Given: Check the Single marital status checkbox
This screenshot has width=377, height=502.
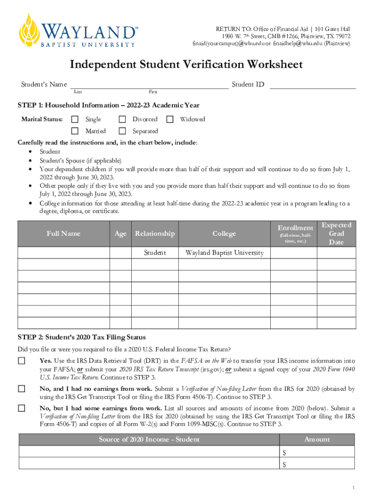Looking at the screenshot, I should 75,119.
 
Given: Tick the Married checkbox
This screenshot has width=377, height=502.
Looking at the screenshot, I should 75,131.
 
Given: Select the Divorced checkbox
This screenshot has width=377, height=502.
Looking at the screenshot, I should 122,119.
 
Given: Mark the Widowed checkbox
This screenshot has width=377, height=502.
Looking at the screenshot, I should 170,119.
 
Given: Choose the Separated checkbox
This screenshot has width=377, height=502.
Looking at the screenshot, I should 122,131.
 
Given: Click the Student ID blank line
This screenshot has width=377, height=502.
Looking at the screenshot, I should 312,85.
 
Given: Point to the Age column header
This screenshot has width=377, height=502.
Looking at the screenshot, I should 120,233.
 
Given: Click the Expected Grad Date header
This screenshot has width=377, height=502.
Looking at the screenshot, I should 336,233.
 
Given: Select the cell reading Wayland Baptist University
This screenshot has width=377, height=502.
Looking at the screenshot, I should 225,253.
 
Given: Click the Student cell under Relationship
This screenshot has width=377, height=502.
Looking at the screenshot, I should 155,253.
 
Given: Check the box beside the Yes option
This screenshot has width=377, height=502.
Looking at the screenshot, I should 22,361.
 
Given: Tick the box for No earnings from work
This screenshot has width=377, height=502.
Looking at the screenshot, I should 22,389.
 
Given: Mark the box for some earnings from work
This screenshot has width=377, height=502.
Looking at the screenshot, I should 22,408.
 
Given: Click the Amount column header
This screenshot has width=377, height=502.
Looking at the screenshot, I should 317,439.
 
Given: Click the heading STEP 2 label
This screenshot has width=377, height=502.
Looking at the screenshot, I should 81,337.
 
